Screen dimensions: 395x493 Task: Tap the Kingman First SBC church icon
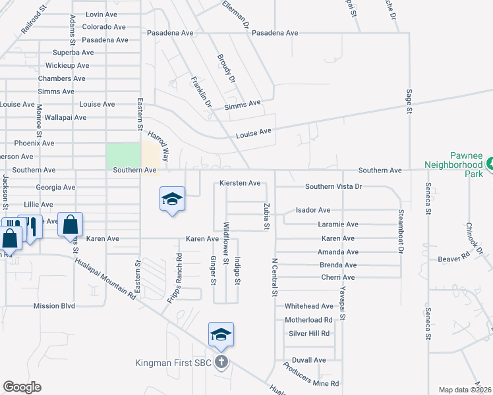click(x=221, y=362)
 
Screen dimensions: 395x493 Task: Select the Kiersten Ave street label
click(x=240, y=183)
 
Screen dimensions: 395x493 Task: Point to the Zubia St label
click(x=267, y=217)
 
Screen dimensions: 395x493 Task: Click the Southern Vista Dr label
click(x=333, y=187)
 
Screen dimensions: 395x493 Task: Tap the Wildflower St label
click(x=225, y=243)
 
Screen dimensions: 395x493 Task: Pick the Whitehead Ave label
click(x=309, y=306)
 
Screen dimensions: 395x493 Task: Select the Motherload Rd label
click(x=309, y=320)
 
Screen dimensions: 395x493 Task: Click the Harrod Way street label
click(x=158, y=146)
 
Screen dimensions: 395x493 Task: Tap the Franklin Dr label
click(x=200, y=93)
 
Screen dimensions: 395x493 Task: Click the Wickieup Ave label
click(x=67, y=65)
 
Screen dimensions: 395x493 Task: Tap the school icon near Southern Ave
click(x=172, y=199)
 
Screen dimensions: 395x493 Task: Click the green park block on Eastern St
click(x=123, y=156)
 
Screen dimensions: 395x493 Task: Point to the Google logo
click(x=22, y=386)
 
